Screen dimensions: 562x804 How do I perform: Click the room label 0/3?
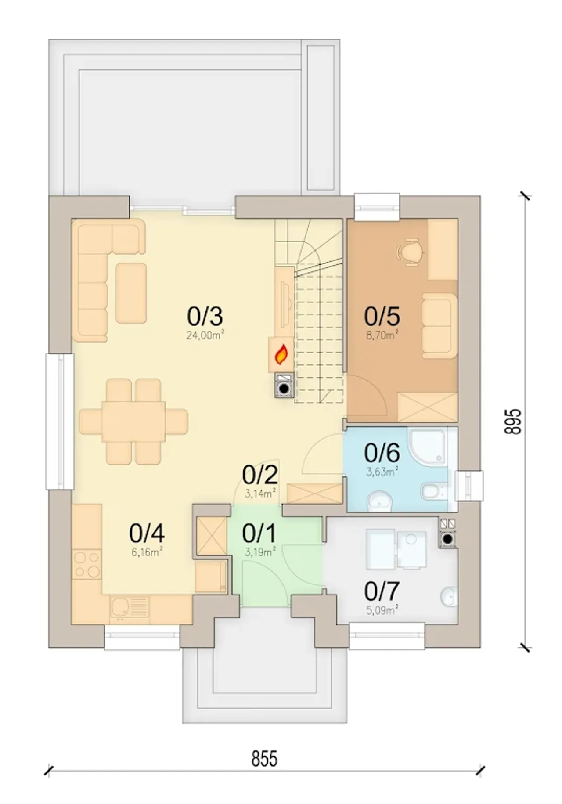pos(205,316)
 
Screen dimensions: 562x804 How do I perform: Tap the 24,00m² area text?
pos(205,336)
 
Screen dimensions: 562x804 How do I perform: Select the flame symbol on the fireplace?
pos(281,355)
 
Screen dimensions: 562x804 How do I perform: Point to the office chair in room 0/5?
pos(411,252)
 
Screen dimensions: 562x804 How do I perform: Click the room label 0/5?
pos(382,316)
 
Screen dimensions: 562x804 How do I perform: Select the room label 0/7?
pos(382,591)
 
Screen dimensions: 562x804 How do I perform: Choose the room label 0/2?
pos(260,474)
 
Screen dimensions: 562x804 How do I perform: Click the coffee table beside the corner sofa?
pos(131,293)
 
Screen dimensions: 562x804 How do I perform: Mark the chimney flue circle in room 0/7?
pos(447,539)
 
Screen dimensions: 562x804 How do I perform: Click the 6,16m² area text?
pos(147,552)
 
